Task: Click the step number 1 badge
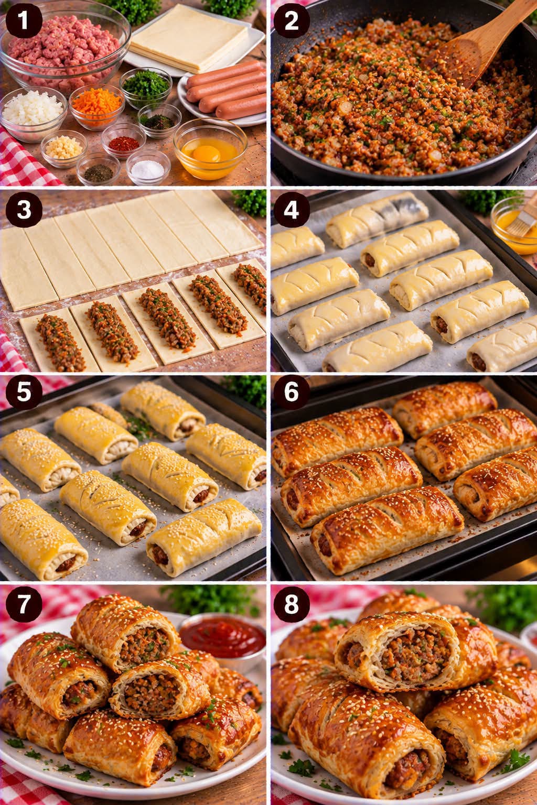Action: click(24, 20)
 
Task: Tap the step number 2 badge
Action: click(292, 21)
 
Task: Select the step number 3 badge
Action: click(24, 210)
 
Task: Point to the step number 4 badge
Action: click(292, 210)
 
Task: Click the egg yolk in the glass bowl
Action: click(206, 154)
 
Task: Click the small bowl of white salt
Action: click(148, 167)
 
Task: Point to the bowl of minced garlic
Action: click(64, 148)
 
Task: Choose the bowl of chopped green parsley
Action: click(146, 87)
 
